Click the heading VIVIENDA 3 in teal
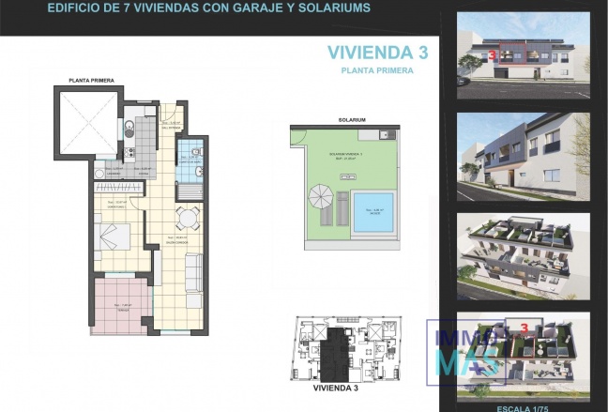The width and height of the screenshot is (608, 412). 377,53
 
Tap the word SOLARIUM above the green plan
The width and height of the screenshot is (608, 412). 352,120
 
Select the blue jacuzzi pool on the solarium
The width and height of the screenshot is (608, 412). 372,211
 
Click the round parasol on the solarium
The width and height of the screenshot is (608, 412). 320,197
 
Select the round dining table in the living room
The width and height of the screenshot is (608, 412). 187,219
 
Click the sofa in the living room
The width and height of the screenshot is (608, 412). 192,272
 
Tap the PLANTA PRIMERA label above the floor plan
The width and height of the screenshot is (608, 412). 90,81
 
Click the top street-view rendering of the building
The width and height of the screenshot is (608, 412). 522,54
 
